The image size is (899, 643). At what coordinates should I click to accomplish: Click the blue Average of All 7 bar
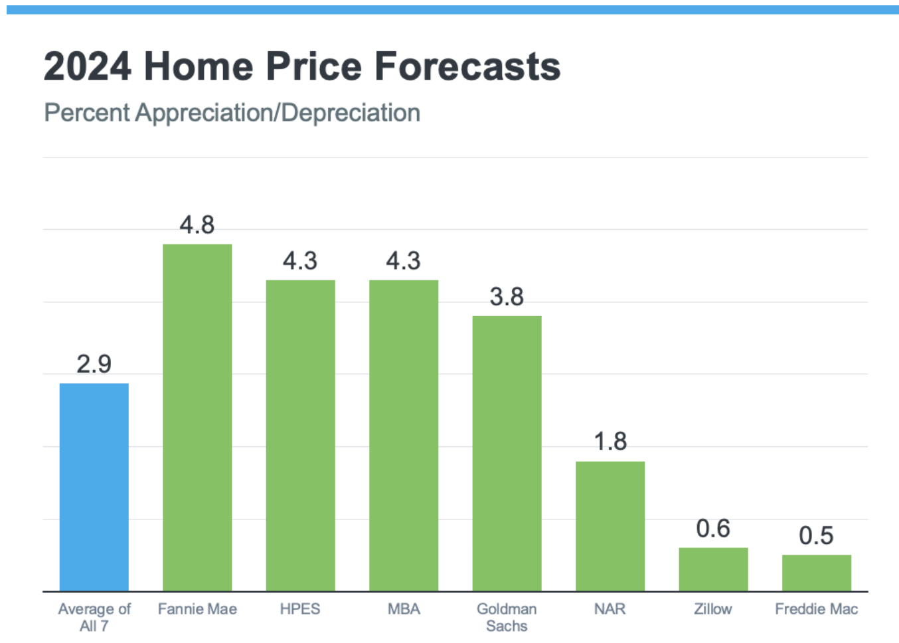point(94,487)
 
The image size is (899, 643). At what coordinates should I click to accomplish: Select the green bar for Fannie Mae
point(197,417)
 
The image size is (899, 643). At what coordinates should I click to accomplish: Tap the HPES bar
point(300,435)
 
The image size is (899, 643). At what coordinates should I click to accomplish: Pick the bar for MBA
point(404,435)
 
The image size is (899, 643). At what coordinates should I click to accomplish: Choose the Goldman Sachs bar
point(507,453)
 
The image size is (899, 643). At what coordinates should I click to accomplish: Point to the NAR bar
point(610,525)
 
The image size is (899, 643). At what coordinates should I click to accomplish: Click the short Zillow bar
point(713,569)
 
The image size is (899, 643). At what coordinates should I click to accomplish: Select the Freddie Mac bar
point(817,573)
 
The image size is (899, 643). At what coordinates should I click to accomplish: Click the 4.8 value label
point(197,225)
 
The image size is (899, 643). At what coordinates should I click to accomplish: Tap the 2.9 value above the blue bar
point(94,364)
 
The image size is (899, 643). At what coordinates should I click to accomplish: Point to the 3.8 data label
point(507,297)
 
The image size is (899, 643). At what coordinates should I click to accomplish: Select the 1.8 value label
point(610,442)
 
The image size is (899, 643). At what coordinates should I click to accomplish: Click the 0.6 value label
point(713,529)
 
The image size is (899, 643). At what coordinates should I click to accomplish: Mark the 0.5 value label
point(817,536)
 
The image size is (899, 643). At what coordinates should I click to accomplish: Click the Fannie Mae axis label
point(197,609)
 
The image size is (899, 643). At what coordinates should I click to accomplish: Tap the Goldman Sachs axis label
point(507,617)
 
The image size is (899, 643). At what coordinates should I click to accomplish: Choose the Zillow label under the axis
point(713,609)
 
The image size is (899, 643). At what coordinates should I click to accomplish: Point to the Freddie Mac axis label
point(817,609)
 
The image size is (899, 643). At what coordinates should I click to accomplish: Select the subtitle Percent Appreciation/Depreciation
point(232,113)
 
